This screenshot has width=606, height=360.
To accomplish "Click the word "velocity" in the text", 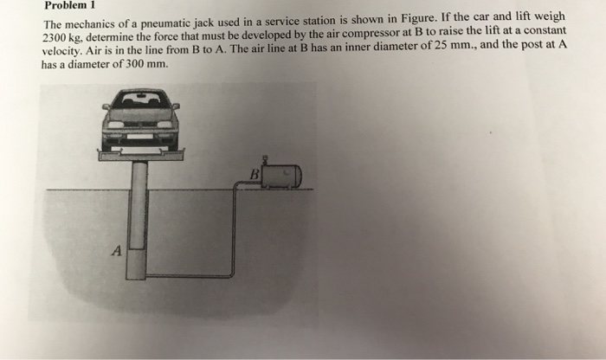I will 64,54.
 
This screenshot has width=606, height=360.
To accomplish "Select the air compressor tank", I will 282,177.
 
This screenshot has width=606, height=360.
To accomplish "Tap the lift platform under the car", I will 140,155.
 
